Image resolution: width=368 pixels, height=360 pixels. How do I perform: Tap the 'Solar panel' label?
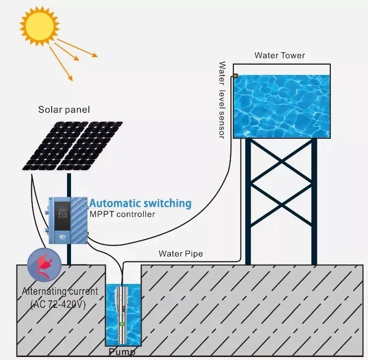pos(64,109)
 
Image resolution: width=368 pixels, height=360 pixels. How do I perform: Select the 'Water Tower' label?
pos(280,55)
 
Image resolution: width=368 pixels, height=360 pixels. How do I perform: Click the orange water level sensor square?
pos(235,76)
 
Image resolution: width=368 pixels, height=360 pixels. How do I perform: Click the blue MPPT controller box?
pos(68,220)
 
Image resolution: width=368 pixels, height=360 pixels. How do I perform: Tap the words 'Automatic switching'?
pos(140,203)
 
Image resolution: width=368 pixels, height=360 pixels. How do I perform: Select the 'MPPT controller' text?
pos(122,214)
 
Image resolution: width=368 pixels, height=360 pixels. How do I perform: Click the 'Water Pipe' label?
pos(181,254)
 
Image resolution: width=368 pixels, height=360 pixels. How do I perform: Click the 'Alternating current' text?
pos(60,291)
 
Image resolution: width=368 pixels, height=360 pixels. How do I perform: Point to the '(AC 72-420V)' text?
pos(58,303)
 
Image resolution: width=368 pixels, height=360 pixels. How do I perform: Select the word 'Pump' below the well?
pos(123,353)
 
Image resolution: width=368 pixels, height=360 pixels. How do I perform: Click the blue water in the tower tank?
pos(282,106)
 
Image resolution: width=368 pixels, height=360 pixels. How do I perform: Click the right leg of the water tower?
pos(314,201)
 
